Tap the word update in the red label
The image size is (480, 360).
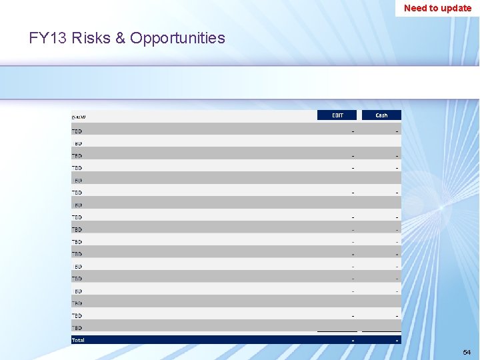click(x=456, y=8)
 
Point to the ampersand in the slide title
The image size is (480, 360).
click(x=121, y=38)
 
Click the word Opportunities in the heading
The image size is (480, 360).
click(x=177, y=38)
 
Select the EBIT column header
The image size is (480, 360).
click(x=338, y=115)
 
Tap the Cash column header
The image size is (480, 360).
click(x=381, y=115)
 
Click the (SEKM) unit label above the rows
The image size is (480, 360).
click(x=79, y=117)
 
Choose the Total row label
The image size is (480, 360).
click(x=78, y=340)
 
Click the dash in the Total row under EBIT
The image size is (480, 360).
click(x=353, y=341)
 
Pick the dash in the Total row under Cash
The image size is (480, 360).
click(x=397, y=341)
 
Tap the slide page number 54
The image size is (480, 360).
click(x=467, y=352)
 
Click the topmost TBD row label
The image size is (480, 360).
click(x=77, y=131)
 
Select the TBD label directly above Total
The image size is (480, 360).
click(x=77, y=328)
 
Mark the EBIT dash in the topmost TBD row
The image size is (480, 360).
click(x=353, y=131)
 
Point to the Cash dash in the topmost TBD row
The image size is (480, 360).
click(x=397, y=131)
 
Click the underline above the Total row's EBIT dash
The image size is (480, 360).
click(x=337, y=331)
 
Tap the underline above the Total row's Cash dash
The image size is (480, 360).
click(x=381, y=331)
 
